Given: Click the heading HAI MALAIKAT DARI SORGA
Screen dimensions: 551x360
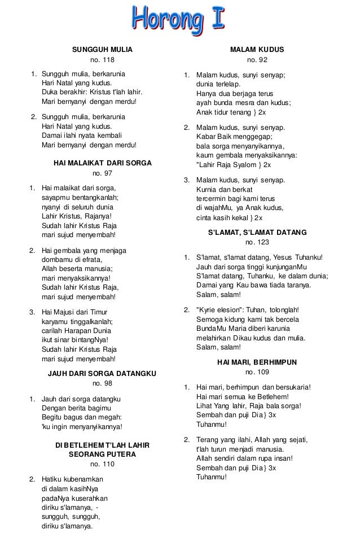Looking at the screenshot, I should tap(102, 163).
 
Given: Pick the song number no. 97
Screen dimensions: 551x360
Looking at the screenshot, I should tap(102, 173).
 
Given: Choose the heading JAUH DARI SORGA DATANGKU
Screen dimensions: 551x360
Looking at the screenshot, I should tap(102, 374).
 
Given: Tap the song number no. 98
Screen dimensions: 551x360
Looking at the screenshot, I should tap(102, 384).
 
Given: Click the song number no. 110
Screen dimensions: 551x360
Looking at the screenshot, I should tap(102, 465).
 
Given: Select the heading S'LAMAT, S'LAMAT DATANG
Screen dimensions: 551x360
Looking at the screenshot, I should tap(257, 232).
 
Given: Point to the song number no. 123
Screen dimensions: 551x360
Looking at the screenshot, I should tap(257, 243).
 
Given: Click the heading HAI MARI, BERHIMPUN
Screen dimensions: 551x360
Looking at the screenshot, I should tap(257, 361).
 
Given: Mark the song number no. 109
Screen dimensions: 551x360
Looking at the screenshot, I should tap(257, 371).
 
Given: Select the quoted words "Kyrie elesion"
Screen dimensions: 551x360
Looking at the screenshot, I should tap(218, 309).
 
